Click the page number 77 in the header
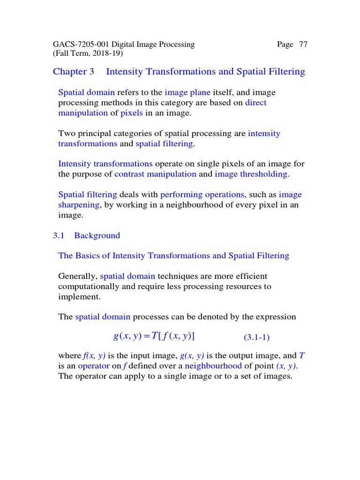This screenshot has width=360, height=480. coord(303,45)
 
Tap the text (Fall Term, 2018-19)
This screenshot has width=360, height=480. coord(88,53)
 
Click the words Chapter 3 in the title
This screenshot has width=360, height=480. coord(74,72)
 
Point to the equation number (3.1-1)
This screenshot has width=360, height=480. coord(256,337)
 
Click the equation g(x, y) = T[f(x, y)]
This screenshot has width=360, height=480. coord(154,336)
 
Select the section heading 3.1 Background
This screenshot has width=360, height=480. coord(87,235)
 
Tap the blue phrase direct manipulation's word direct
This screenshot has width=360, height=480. coord(255,103)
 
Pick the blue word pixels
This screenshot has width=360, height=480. coord(132,113)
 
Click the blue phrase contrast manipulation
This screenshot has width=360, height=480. coord(155,174)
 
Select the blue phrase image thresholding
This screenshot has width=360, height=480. coord(251,174)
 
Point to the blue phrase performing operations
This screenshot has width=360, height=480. coord(202,195)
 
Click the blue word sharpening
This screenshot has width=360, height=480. coord(79,205)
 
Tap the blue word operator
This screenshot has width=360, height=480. coord(94,366)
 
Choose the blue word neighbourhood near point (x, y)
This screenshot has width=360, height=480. coord(213,366)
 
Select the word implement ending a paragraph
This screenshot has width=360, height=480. coord(78,297)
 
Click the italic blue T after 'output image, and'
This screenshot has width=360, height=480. coord(302,356)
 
